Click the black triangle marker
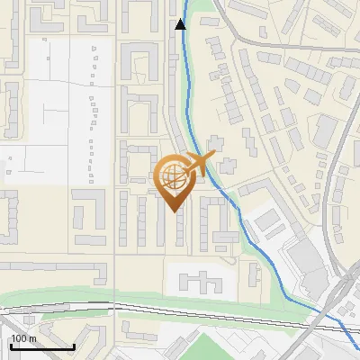tap(181, 24)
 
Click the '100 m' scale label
tap(23, 338)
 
